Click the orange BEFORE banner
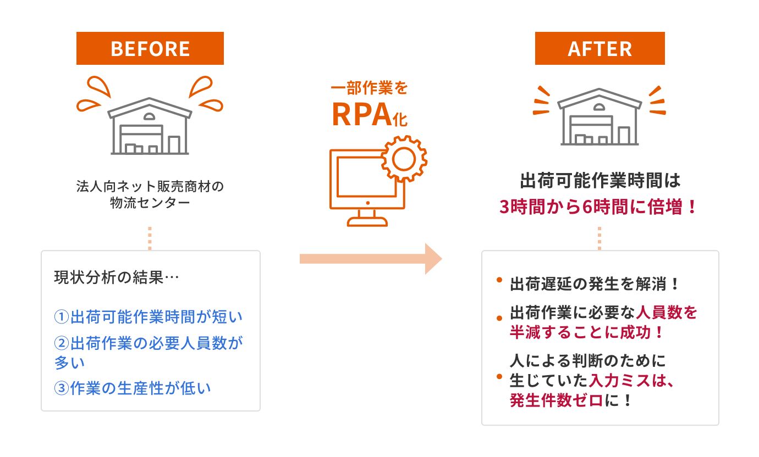tap(150, 48)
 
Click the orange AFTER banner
tap(599, 48)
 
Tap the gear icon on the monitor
tap(404, 159)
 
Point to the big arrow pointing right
tap(371, 258)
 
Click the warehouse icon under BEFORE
tap(150, 126)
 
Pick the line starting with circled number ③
tap(133, 388)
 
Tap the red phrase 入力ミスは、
tap(631, 380)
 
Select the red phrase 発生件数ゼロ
tap(556, 400)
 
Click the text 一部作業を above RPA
tap(369, 88)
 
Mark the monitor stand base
tap(367, 222)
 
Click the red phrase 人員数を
tap(666, 313)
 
